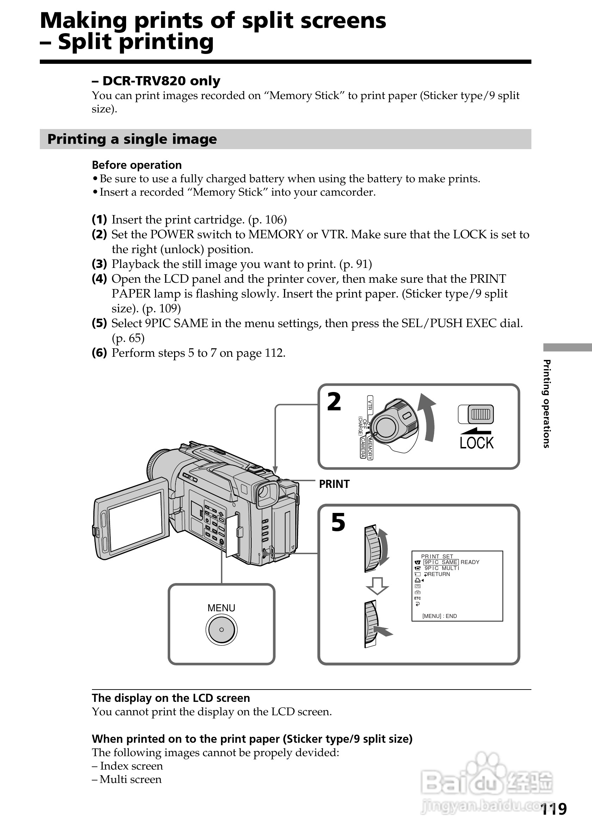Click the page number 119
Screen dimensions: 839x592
click(x=553, y=809)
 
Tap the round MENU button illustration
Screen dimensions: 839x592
click(x=221, y=630)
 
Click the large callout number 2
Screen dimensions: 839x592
click(x=334, y=402)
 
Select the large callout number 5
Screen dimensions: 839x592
click(x=338, y=522)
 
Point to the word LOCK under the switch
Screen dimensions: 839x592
click(x=476, y=443)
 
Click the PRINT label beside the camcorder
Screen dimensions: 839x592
click(x=334, y=484)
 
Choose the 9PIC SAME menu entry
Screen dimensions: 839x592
click(x=441, y=562)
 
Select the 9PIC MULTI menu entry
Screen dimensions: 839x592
click(x=442, y=568)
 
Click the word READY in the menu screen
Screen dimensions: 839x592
click(x=470, y=562)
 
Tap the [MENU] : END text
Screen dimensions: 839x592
click(x=439, y=616)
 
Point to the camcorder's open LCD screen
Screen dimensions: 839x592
click(x=135, y=521)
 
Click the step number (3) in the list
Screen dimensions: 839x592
click(x=99, y=264)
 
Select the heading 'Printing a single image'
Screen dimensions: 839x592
click(x=132, y=139)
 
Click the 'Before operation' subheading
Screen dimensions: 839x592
click(x=137, y=165)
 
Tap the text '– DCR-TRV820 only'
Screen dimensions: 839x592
click(x=156, y=81)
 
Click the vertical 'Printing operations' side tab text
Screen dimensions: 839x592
click(x=546, y=404)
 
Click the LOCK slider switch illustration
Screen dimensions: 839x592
click(x=476, y=414)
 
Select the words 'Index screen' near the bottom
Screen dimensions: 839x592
click(x=131, y=766)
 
